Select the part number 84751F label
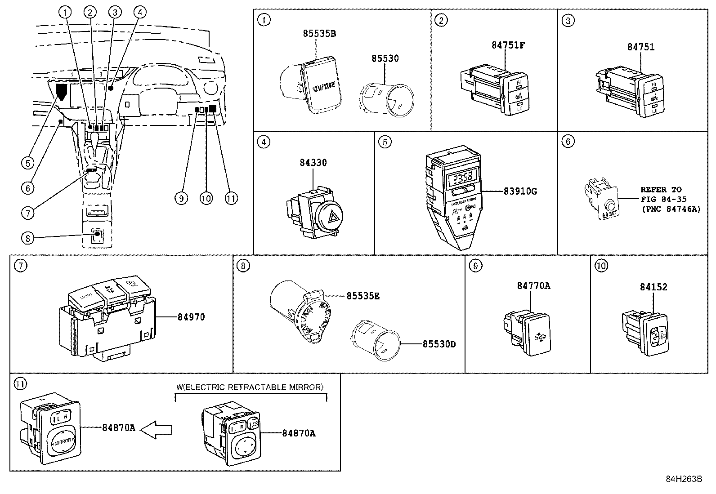coord(508,45)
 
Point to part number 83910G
coord(520,191)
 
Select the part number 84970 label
coord(191,317)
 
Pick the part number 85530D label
coord(439,344)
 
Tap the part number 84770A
coord(533,286)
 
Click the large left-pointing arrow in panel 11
coord(156,430)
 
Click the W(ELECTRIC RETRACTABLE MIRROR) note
coord(250,387)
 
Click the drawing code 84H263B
coord(684,479)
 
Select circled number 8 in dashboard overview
coord(28,238)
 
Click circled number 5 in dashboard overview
coord(28,163)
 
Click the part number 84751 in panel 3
coord(640,47)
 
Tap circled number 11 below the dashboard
coord(231,198)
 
